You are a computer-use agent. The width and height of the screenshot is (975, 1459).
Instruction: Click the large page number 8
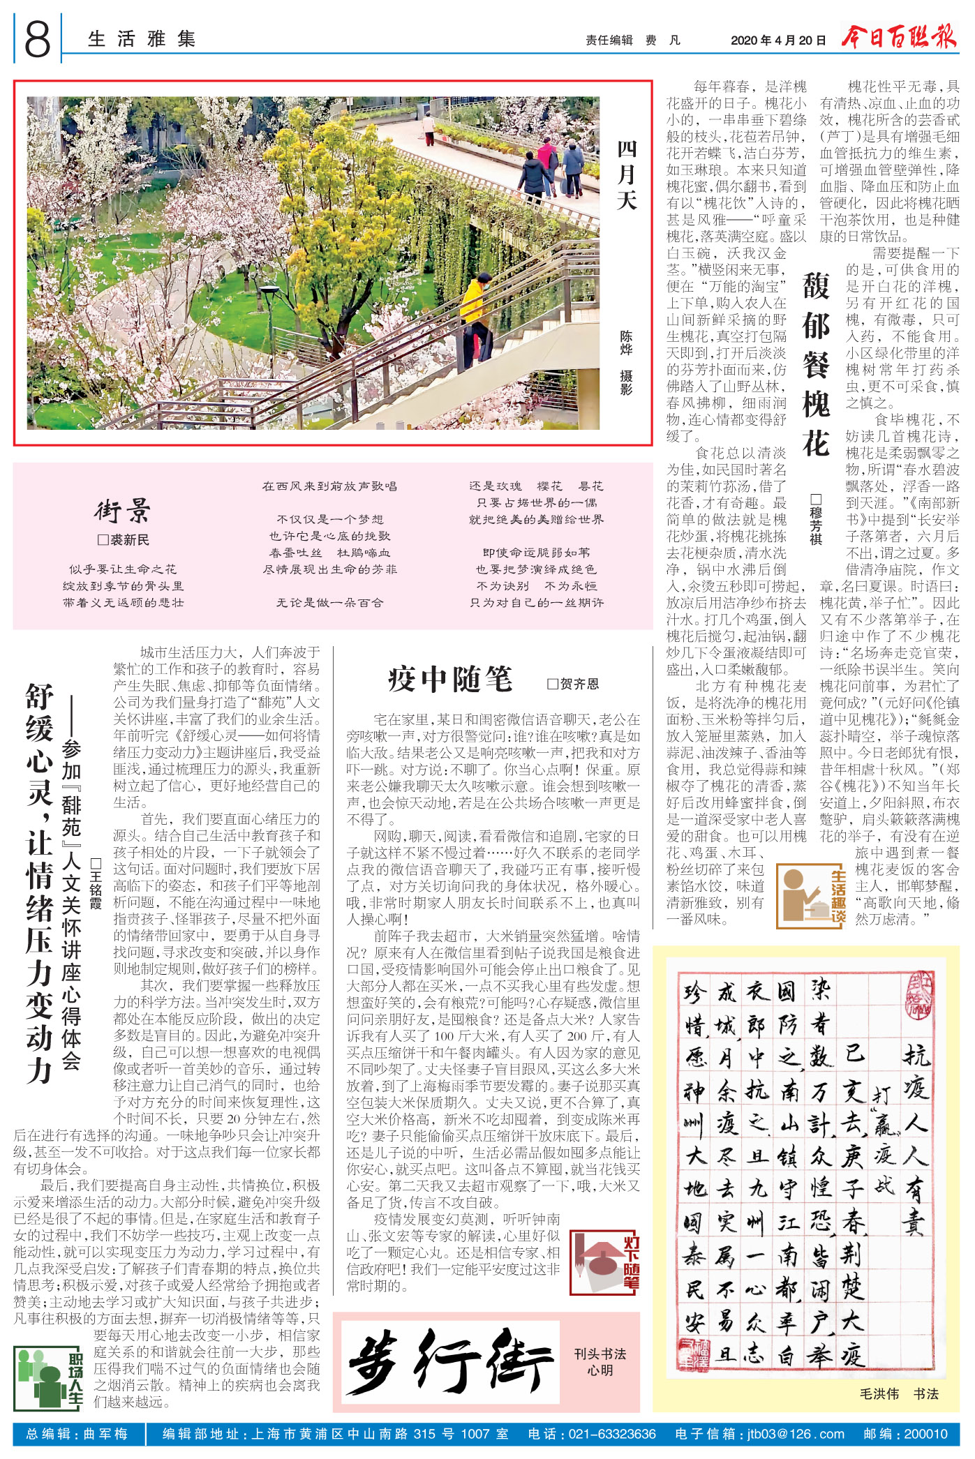click(38, 39)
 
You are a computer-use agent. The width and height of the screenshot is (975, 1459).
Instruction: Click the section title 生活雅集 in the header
click(142, 39)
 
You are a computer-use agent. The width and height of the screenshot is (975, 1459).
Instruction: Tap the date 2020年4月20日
click(777, 40)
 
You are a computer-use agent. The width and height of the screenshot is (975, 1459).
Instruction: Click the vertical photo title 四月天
click(627, 175)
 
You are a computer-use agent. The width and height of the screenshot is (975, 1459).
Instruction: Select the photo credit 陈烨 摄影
click(626, 363)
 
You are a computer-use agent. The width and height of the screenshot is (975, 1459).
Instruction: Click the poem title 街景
click(123, 511)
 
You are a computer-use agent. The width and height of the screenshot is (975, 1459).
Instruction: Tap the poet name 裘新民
click(124, 540)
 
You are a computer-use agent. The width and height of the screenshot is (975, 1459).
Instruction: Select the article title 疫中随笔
click(451, 679)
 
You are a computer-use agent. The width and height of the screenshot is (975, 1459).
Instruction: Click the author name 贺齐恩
click(573, 684)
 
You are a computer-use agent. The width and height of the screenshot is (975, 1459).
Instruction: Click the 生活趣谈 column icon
click(812, 897)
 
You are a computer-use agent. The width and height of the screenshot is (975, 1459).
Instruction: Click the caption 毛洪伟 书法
click(898, 1393)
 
